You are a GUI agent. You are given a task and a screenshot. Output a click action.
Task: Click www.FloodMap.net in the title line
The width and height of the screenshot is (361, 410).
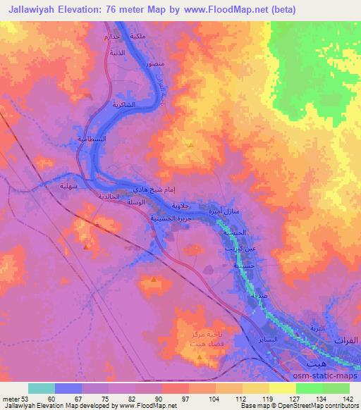(234, 9)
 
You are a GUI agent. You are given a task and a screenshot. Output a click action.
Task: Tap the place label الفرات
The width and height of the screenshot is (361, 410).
(346, 340)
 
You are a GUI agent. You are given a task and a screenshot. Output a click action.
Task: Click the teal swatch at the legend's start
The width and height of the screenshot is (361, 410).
(42, 388)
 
